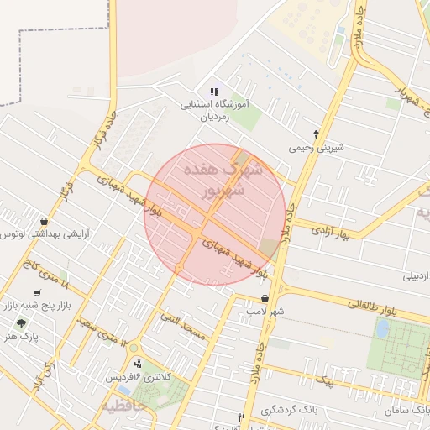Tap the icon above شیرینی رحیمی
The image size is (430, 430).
(x=316, y=134)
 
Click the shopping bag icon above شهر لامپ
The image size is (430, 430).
(x=265, y=298)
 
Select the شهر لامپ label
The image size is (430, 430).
(x=261, y=311)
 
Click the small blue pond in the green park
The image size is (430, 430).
(x=382, y=328)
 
